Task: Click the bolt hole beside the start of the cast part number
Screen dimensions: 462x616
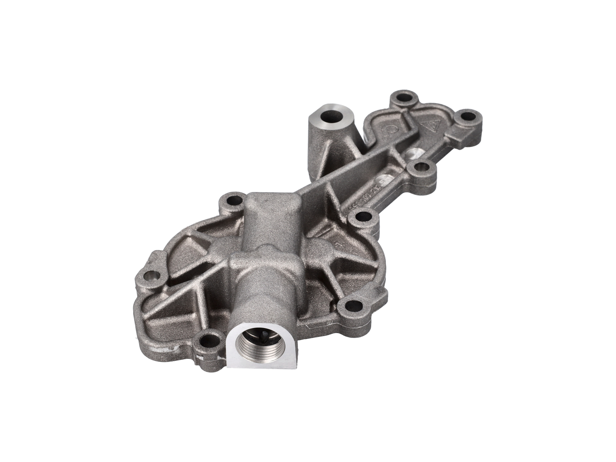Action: click(x=363, y=218)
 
